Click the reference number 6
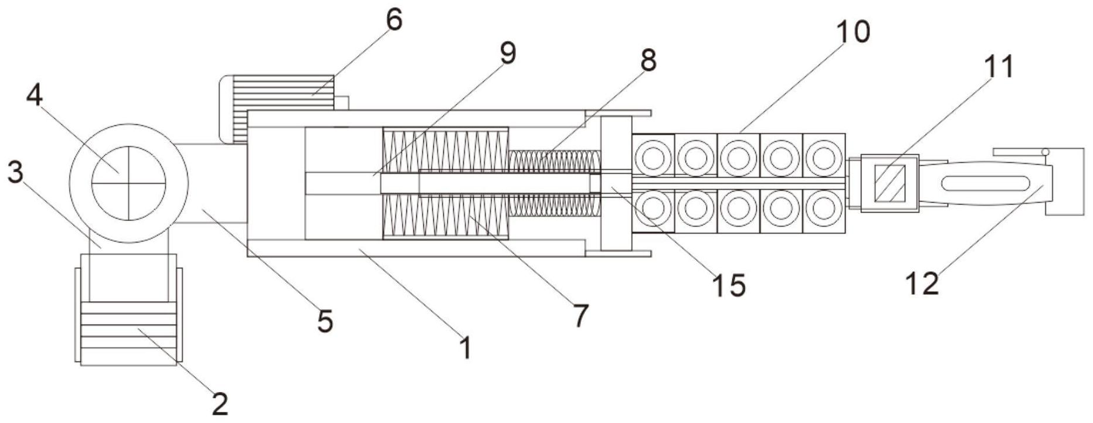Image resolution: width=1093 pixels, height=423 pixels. [393, 21]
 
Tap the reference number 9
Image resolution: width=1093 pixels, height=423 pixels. [507, 54]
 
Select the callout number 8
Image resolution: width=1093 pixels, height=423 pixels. [647, 60]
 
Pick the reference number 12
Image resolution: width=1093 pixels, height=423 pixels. [922, 284]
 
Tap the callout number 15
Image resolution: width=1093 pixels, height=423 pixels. [729, 285]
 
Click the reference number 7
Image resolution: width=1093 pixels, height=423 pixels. [580, 316]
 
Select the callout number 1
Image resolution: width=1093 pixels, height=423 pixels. [466, 348]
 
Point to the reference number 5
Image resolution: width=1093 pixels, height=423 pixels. [325, 321]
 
